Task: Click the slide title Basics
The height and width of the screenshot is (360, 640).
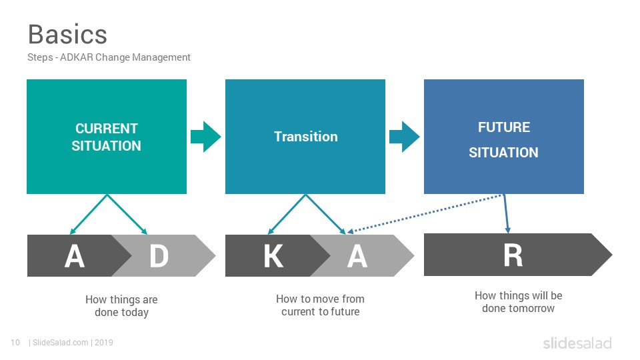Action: coord(67,34)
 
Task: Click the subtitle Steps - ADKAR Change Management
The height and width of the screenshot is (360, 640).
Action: coord(109,57)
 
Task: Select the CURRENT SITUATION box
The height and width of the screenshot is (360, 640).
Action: coord(107,137)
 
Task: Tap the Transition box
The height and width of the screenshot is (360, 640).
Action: coord(305,137)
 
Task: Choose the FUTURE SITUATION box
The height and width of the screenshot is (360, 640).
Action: coord(504,137)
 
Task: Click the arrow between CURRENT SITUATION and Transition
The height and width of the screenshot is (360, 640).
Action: coord(206,137)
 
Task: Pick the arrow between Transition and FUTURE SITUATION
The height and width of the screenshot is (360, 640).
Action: coord(405,137)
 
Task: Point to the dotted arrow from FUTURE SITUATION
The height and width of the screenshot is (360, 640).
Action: coord(425,213)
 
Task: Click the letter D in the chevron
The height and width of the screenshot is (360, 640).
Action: coord(159,256)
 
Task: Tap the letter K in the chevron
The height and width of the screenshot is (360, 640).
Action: coord(273,256)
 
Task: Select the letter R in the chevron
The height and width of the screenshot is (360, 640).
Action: coord(513,255)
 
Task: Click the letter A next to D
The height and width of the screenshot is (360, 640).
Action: coord(75,256)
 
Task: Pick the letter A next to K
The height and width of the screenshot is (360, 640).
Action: coord(357,256)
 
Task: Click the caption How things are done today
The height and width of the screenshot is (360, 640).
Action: coord(121,306)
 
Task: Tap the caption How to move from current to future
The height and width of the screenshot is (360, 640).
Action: coord(321,305)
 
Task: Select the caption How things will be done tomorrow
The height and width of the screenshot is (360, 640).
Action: coord(519,301)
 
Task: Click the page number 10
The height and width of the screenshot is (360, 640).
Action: coord(15,343)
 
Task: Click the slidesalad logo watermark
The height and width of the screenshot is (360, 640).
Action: coord(577,343)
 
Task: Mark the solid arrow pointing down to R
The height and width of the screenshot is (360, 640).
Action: coord(506,213)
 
